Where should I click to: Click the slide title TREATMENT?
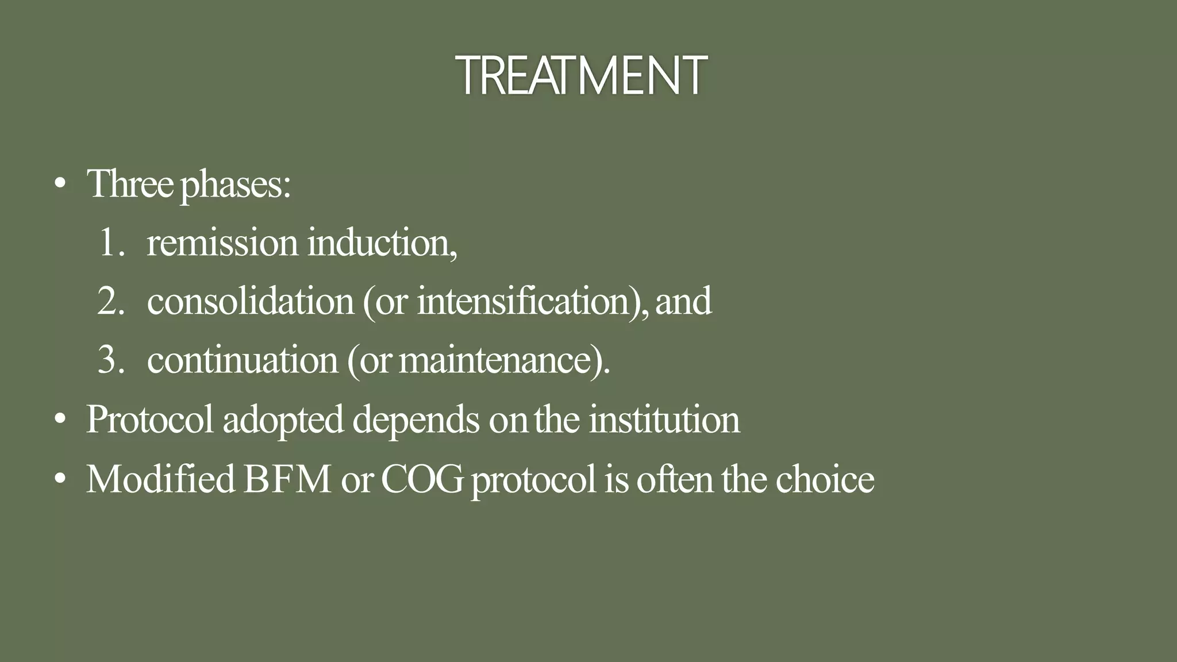[x=582, y=75]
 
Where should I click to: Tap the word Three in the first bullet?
[x=130, y=184]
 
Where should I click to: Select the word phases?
[x=236, y=185]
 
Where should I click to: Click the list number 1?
[x=111, y=243]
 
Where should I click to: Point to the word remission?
[x=222, y=243]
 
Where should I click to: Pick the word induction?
[x=382, y=243]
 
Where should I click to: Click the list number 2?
[x=111, y=301]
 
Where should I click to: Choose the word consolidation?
[x=251, y=301]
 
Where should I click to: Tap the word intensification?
[x=523, y=301]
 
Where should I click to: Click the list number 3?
[x=111, y=360]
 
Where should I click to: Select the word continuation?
[x=243, y=360]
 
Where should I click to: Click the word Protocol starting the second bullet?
[x=150, y=419]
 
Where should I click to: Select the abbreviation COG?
[x=422, y=479]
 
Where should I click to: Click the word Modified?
[x=160, y=479]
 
